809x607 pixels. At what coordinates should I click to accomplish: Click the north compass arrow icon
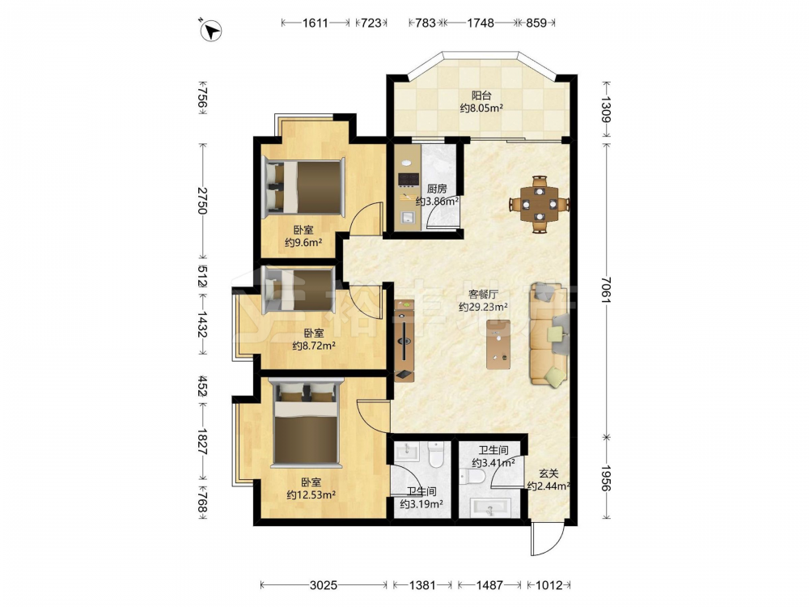[x=210, y=30]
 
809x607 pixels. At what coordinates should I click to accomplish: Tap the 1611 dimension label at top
[x=316, y=23]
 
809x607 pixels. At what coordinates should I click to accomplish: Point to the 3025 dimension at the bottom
[x=324, y=585]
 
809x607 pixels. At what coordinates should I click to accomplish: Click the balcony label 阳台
[x=481, y=96]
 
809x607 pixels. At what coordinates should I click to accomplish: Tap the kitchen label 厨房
[x=437, y=189]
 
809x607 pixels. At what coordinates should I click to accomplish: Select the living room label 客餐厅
[x=483, y=295]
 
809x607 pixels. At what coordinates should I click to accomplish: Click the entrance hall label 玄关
[x=549, y=473]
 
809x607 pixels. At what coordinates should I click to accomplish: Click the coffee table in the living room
[x=498, y=344]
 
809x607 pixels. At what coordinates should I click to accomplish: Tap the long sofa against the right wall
[x=549, y=334]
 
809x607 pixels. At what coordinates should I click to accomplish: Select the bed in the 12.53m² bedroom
[x=307, y=422]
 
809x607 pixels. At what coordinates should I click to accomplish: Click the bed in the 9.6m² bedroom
[x=304, y=188]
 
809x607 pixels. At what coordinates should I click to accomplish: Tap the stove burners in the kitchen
[x=408, y=179]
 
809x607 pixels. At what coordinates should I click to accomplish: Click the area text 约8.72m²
[x=314, y=346]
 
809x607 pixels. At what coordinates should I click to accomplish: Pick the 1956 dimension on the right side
[x=606, y=478]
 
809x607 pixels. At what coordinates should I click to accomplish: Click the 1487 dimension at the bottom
[x=489, y=585]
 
